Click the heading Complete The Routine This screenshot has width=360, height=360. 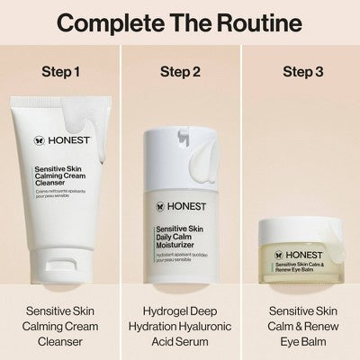[x=180, y=22]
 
